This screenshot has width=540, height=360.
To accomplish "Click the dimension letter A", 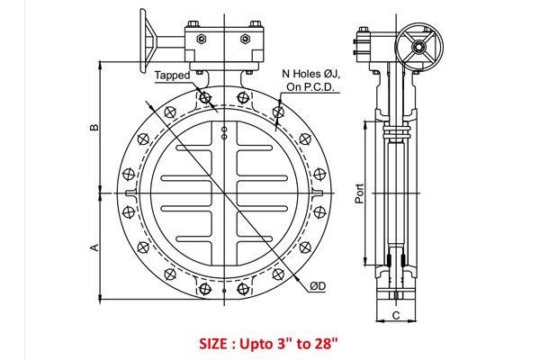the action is [94, 247].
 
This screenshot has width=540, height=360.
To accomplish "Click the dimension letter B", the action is [94, 128].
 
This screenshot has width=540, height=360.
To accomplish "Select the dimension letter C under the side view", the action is [396, 316].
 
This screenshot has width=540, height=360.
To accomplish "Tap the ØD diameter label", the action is [318, 286].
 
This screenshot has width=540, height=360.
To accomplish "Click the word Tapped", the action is [172, 76].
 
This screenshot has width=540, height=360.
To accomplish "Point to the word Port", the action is [359, 193].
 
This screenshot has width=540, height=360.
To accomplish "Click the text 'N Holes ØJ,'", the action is [311, 74].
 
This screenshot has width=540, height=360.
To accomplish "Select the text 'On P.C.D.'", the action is [310, 87].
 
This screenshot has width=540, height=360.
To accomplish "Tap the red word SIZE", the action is [213, 344].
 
